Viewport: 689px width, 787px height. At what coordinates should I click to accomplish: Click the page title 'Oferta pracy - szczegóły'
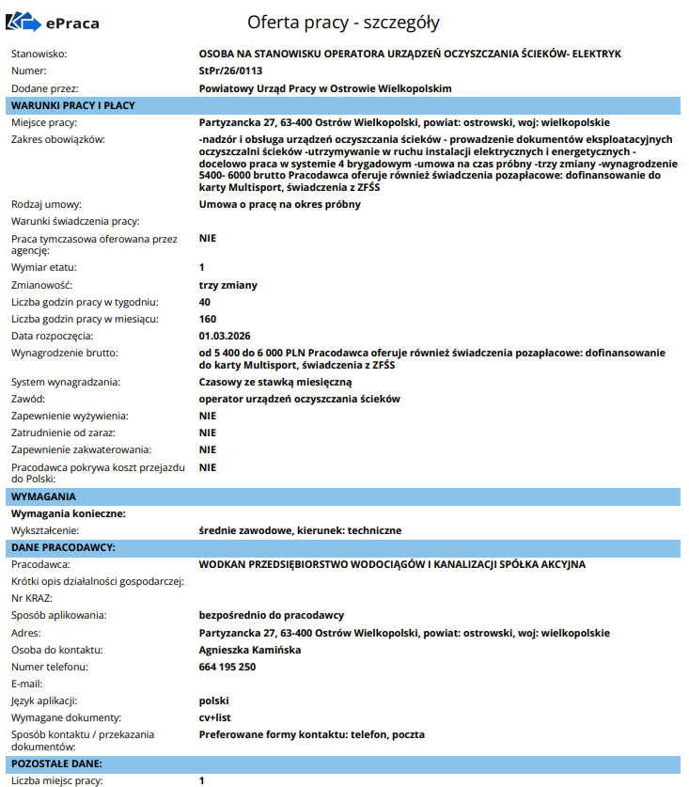click(x=343, y=22)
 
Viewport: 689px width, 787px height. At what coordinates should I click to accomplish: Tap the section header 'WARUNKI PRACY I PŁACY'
click(x=73, y=105)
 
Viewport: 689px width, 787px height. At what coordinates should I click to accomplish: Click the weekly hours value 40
click(x=205, y=302)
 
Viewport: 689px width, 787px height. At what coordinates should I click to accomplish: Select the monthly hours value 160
click(x=208, y=319)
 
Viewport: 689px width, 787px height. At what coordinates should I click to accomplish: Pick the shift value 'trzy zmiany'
click(x=228, y=285)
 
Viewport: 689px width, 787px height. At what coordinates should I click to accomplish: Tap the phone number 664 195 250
click(x=227, y=667)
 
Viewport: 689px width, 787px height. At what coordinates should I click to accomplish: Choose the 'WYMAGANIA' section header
click(x=43, y=496)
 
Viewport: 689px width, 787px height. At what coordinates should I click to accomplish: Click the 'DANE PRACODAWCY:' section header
click(x=63, y=547)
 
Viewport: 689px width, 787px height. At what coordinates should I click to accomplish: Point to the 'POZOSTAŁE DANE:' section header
click(x=56, y=763)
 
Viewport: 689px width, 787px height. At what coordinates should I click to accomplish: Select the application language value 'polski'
click(x=214, y=700)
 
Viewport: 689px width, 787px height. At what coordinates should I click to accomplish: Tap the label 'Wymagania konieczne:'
click(x=68, y=513)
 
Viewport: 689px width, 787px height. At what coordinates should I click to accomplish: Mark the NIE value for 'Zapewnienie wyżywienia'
click(x=208, y=416)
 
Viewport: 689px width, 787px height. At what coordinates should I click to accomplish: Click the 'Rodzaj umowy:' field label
click(x=47, y=204)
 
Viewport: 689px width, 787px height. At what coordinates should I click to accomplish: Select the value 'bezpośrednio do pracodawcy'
click(x=272, y=615)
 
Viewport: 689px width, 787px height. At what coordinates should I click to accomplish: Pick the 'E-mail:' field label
click(x=28, y=684)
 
